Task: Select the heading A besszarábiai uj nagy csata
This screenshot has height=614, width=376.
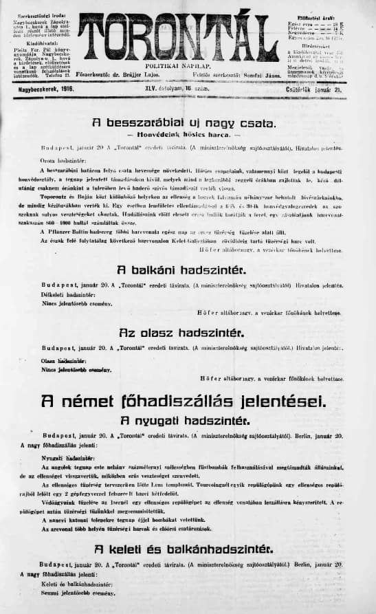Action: coord(184,124)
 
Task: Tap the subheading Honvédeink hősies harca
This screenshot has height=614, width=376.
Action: coord(185,135)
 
